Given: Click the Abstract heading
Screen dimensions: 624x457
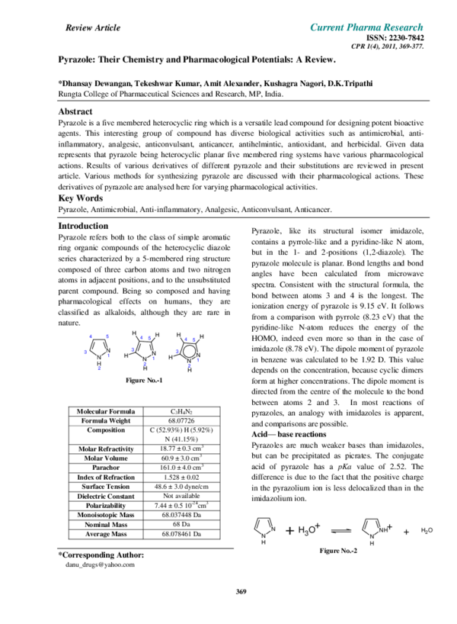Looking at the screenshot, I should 75,111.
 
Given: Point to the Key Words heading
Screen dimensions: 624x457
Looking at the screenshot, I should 79,198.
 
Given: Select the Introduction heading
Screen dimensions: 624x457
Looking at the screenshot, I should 84,227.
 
